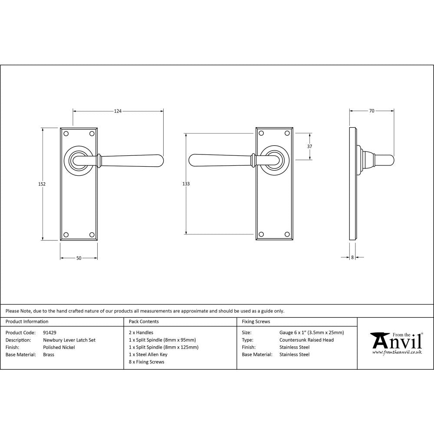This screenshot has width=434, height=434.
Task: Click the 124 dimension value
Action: point(118,112)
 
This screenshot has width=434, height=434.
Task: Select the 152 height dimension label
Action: point(42,184)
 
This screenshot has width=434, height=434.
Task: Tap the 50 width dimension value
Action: point(79,258)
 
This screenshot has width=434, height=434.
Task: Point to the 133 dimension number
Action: point(186,184)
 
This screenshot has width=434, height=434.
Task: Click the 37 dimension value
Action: point(309,147)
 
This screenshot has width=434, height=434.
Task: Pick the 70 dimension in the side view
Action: point(372,111)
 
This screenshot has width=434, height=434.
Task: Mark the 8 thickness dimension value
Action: point(352,257)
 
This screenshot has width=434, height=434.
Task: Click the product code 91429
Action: point(49,333)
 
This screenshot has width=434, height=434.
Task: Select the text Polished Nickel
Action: point(59,347)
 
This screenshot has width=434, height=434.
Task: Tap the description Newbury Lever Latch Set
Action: point(69,340)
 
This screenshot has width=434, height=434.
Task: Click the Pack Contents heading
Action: point(144,322)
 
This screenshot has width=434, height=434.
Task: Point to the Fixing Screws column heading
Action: point(256,322)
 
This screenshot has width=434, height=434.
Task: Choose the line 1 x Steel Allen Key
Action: point(148,355)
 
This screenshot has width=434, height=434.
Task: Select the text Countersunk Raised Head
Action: point(306,340)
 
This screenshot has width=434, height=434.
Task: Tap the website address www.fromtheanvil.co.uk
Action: point(397,352)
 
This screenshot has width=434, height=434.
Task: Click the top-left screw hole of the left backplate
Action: point(66,134)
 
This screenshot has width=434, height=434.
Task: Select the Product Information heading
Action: point(27,322)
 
